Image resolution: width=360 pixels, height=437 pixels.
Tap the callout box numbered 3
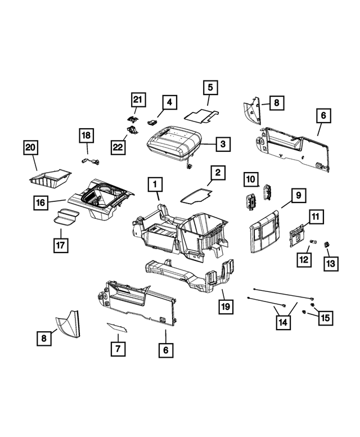223,144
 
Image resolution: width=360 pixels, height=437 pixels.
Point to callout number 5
210,88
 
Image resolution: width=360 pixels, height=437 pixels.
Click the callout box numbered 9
298,195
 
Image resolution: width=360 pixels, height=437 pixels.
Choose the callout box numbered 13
328,263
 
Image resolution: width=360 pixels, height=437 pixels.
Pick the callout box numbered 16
40,201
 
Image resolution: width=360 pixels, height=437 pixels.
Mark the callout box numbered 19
226,308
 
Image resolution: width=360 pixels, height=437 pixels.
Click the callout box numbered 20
30,148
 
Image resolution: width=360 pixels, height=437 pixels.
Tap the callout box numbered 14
285,322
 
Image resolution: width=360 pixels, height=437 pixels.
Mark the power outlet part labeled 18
90,161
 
